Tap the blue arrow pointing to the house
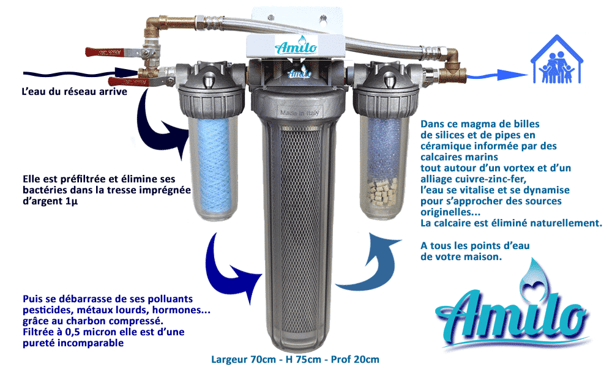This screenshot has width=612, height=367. coord(496,75)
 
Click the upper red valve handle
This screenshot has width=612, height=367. coord(102,52)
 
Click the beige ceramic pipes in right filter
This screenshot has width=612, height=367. coord(383,192)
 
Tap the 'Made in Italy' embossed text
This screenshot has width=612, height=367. coord(299,113)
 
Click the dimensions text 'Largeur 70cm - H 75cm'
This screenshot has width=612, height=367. coord(266,359)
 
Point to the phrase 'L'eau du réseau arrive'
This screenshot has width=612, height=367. coord(74,92)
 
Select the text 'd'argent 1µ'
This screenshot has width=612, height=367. coord(50,201)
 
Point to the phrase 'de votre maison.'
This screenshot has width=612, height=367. coord(461,257)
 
